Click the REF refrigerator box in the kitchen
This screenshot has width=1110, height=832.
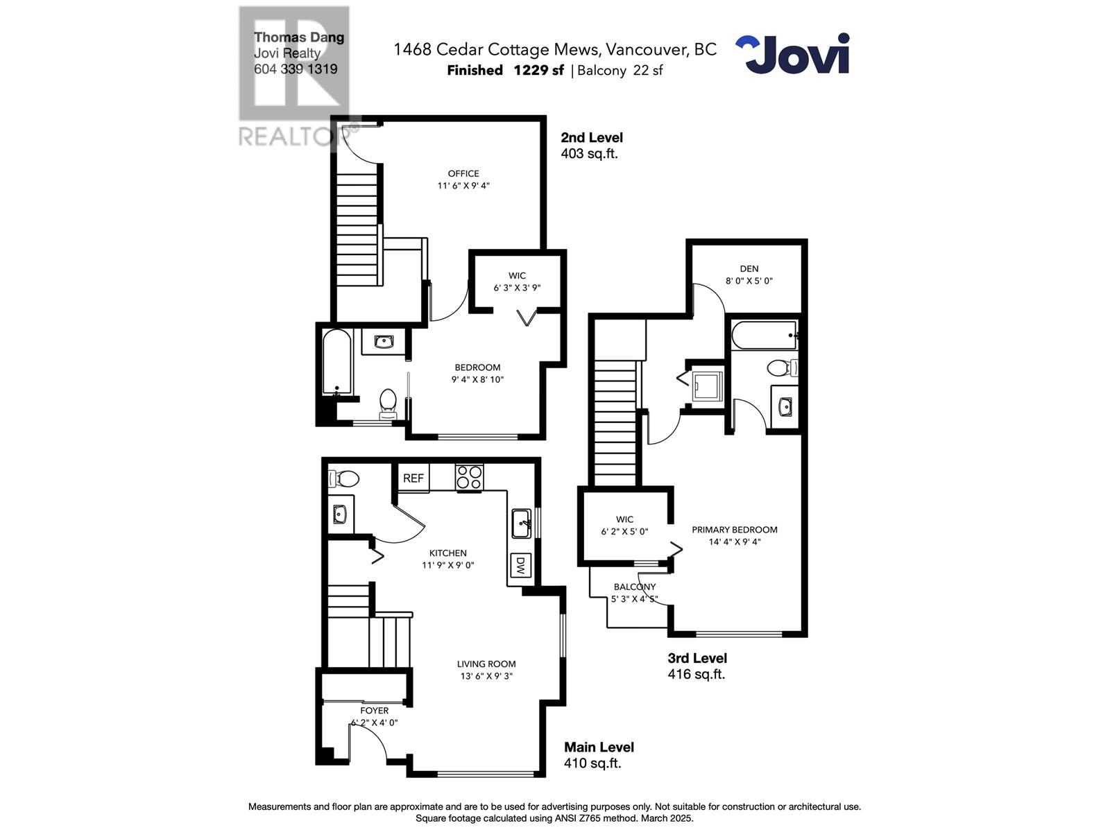pos(413,478)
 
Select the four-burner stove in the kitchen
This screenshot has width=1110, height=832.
pos(469,478)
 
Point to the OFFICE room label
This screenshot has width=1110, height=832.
pos(463,174)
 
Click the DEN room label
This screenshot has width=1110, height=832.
pos(749,269)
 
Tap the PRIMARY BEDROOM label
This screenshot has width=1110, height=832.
pos(734,530)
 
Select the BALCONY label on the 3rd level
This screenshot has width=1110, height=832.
pos(634,587)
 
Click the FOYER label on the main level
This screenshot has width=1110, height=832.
pos(374,711)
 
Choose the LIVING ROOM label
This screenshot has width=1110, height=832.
pos(486,664)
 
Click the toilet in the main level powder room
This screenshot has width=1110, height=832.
pos(345,478)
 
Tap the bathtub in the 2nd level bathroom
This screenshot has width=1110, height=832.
pos(337,363)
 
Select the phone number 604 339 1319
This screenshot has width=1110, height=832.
pos(296,69)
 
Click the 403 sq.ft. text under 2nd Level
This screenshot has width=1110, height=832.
pos(589,154)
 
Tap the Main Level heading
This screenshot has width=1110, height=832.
pos(599,747)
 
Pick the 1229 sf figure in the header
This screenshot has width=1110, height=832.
pos(538,70)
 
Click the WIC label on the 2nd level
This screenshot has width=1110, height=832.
pos(517,276)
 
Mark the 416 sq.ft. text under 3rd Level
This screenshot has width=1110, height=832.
pos(696,674)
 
